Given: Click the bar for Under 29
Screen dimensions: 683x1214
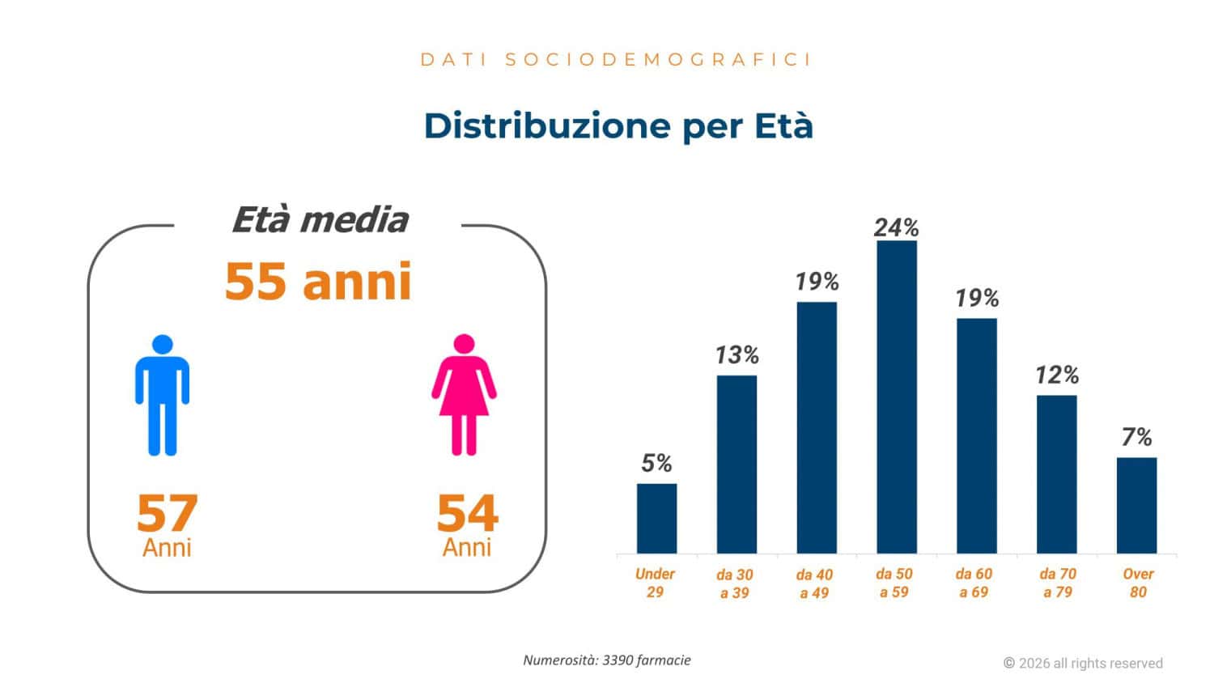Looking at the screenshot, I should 656,518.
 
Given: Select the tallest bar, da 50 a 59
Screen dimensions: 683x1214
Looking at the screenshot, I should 896,397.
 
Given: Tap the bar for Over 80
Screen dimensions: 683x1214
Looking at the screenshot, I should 1136,505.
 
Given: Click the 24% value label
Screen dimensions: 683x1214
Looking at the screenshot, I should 896,227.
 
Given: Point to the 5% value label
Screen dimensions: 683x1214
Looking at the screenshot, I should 656,463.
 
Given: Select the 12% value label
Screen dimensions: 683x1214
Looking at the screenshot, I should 1057,375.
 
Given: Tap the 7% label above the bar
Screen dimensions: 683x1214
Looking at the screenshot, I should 1136,437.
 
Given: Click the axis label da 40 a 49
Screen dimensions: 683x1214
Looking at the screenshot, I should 814,583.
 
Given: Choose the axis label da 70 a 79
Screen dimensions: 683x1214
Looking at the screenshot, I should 1058,583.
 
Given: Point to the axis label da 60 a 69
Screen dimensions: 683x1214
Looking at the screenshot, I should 974,583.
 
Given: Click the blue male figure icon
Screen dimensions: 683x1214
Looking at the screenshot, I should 162,395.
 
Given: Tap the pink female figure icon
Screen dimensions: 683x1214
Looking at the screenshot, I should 464,395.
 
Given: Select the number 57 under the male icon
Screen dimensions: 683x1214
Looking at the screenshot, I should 167,513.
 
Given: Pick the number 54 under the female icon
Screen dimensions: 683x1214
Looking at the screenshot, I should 467,513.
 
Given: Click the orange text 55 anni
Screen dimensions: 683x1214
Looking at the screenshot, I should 318,281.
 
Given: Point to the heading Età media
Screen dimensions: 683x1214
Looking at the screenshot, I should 320,219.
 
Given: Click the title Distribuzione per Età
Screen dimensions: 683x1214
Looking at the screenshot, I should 618,125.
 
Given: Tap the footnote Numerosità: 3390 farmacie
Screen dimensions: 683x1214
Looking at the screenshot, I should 607,660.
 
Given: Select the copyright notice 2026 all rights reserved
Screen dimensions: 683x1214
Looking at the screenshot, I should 1083,663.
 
